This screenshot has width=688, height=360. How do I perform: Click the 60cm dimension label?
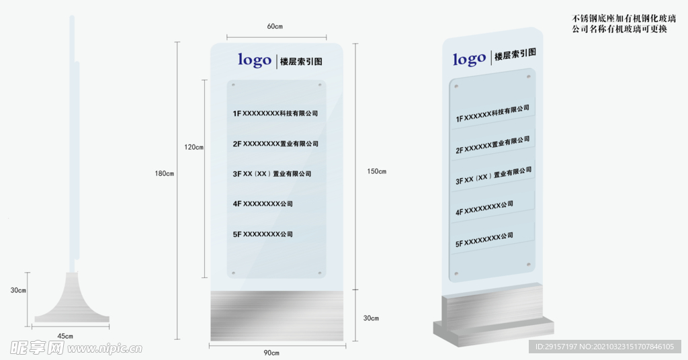click(x=275, y=26)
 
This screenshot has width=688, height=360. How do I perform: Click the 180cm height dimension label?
click(x=165, y=174)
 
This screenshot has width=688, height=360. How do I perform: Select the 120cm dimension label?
click(x=194, y=147)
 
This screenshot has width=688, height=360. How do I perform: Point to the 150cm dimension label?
click(x=377, y=171)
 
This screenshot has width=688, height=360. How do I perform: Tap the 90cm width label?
click(x=271, y=353)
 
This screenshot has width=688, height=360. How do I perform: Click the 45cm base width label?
click(x=65, y=335)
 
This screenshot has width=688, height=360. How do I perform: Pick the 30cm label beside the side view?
click(x=18, y=291)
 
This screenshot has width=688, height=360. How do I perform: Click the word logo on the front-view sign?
click(x=255, y=60)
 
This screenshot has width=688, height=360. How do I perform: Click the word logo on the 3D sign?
click(x=469, y=59)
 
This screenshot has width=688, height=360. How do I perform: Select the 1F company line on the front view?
click(x=275, y=114)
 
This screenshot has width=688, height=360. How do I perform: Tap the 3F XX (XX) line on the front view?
click(x=272, y=174)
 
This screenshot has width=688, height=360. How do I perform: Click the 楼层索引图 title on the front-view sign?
click(x=300, y=61)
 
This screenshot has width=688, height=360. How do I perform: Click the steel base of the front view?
click(x=277, y=316)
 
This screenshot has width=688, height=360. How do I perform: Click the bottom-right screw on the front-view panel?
click(x=319, y=273)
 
